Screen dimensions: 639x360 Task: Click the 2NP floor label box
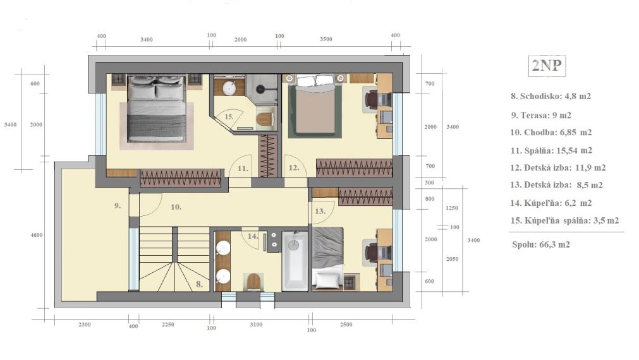click(547, 66)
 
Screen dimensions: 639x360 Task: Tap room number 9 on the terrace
click(118, 206)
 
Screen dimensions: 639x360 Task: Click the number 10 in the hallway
click(176, 207)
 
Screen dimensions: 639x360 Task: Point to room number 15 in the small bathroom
click(229, 116)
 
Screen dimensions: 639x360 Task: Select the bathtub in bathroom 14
click(295, 261)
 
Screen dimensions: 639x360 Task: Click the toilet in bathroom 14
click(253, 282)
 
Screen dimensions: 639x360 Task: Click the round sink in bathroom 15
click(230, 88)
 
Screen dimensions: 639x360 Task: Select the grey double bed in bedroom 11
click(156, 109)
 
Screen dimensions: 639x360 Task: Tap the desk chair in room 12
click(371, 99)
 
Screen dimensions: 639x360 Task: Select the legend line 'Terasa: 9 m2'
click(541, 115)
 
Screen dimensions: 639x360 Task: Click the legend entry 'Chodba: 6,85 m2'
click(551, 133)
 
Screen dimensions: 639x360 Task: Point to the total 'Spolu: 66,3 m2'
click(541, 244)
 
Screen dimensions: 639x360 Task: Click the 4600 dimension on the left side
click(37, 235)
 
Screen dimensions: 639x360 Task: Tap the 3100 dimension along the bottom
click(256, 325)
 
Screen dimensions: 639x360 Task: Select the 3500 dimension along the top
click(326, 39)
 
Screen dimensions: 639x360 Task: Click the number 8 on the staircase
click(199, 284)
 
